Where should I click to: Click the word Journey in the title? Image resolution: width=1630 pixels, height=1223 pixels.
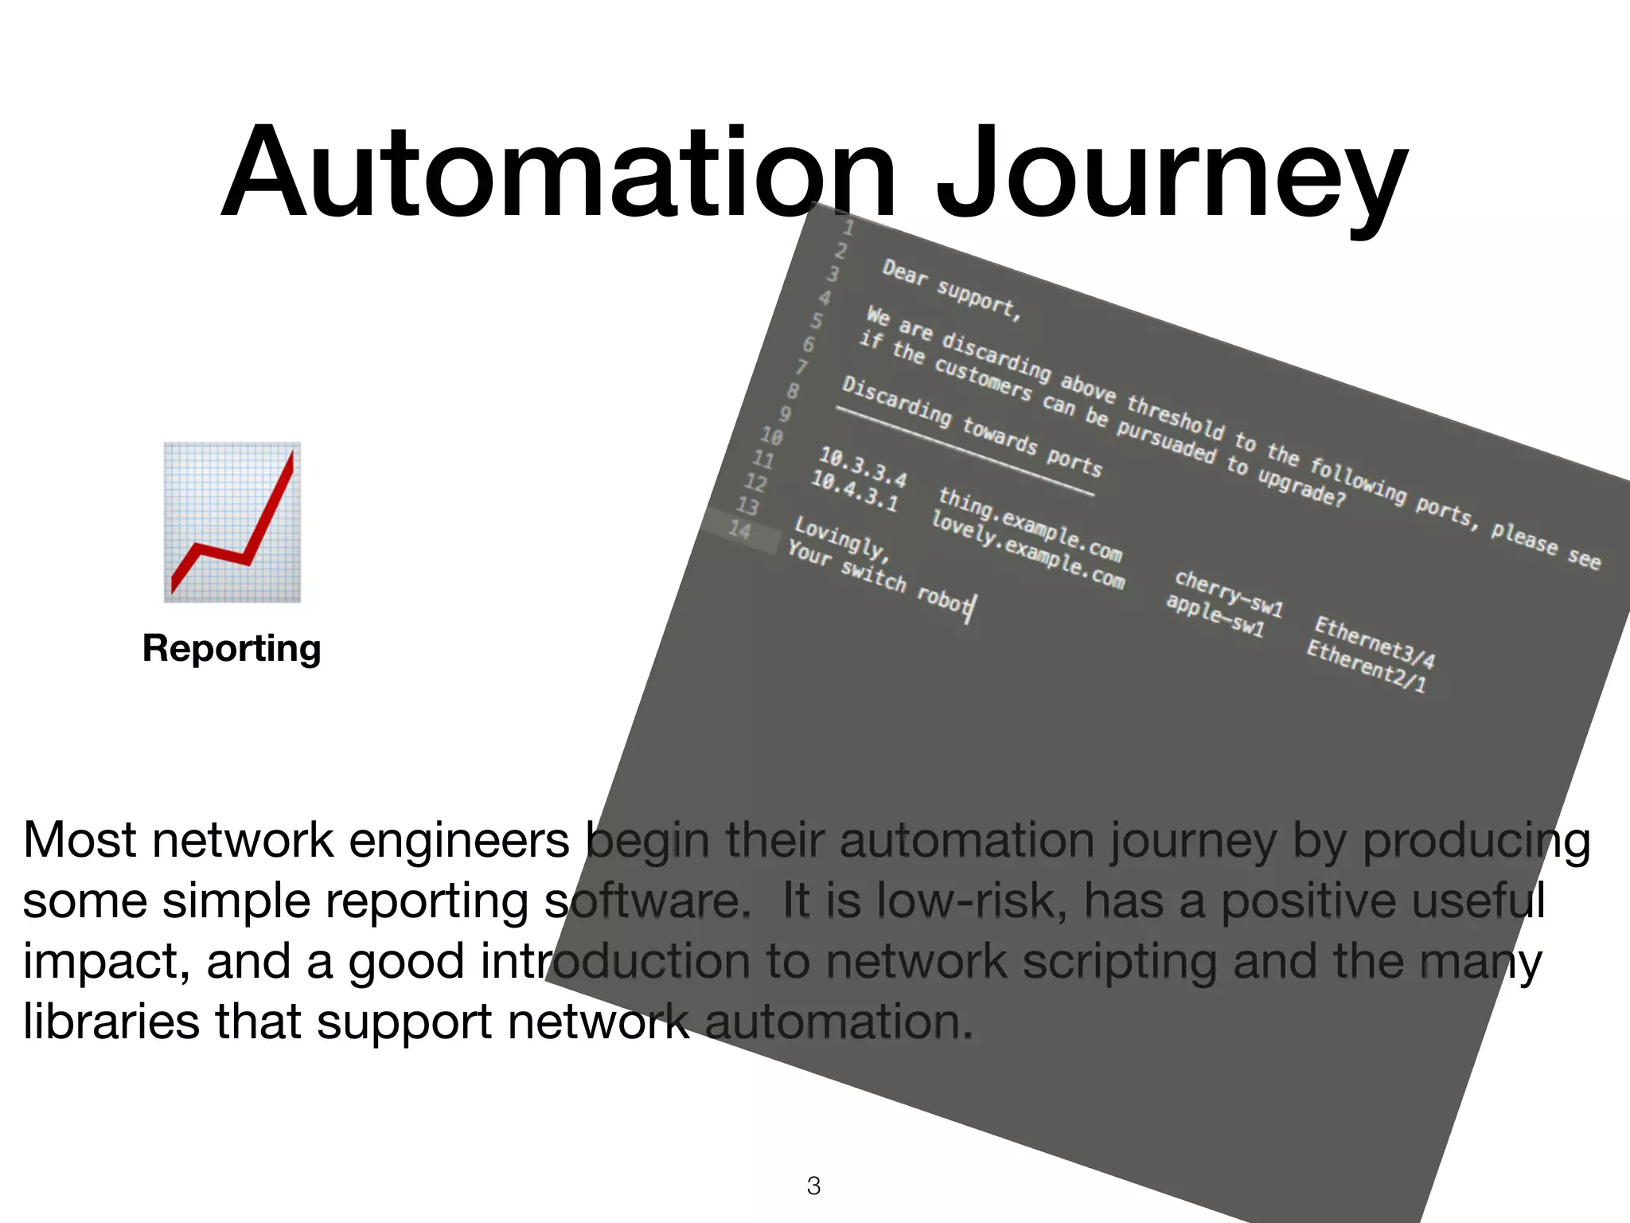[1170, 175]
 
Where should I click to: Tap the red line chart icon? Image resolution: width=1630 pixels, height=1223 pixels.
[232, 522]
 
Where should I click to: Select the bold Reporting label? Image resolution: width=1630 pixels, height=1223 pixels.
[232, 648]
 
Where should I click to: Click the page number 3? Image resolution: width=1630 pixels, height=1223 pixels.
[813, 1186]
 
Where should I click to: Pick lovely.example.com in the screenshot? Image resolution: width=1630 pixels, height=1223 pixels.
[1028, 550]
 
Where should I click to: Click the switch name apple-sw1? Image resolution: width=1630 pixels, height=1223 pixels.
[1215, 615]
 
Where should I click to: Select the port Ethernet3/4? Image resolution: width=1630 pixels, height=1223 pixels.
[1374, 642]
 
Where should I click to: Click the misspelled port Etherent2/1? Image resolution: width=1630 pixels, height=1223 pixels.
[1366, 666]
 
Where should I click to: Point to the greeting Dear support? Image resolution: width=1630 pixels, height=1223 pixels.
[951, 288]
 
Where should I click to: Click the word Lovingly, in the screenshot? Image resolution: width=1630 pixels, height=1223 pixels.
[840, 537]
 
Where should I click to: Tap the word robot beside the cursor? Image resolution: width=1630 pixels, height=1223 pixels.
[943, 597]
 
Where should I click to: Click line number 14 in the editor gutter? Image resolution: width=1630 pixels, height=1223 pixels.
[739, 529]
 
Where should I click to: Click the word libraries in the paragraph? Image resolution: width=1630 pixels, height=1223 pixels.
[111, 1022]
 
